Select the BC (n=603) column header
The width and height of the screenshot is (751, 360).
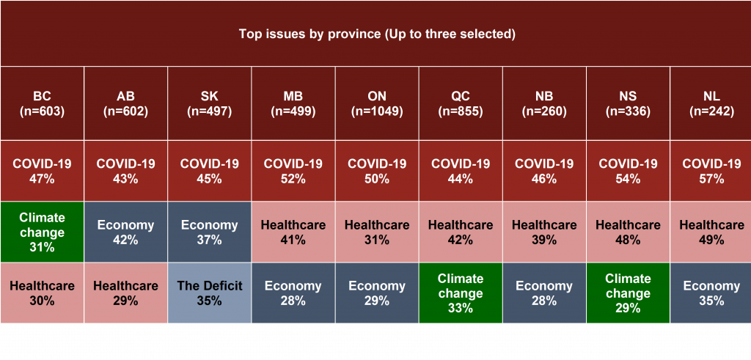[42, 103]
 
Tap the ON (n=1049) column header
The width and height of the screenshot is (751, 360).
[377, 103]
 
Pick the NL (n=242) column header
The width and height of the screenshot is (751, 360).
[711, 103]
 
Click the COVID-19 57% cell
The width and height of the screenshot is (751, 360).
[711, 171]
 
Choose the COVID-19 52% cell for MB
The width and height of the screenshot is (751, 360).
[293, 171]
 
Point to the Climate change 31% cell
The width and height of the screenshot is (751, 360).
[42, 232]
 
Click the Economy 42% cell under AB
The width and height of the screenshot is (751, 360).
[125, 232]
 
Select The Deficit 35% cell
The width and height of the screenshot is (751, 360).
[209, 293]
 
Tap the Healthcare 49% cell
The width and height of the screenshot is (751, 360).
[711, 232]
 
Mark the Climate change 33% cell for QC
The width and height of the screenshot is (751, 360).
[461, 293]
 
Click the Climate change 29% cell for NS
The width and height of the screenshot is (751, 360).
[628, 293]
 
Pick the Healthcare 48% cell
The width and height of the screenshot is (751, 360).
[628, 232]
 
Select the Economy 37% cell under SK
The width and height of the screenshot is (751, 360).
[209, 232]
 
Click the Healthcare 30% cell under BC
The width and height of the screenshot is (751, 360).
[42, 293]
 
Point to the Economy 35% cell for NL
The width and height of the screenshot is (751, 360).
[711, 293]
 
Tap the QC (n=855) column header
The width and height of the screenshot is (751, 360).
[461, 103]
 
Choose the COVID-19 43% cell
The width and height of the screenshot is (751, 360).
[125, 171]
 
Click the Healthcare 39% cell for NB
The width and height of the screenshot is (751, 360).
[544, 232]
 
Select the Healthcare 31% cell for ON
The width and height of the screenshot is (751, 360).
[377, 232]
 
